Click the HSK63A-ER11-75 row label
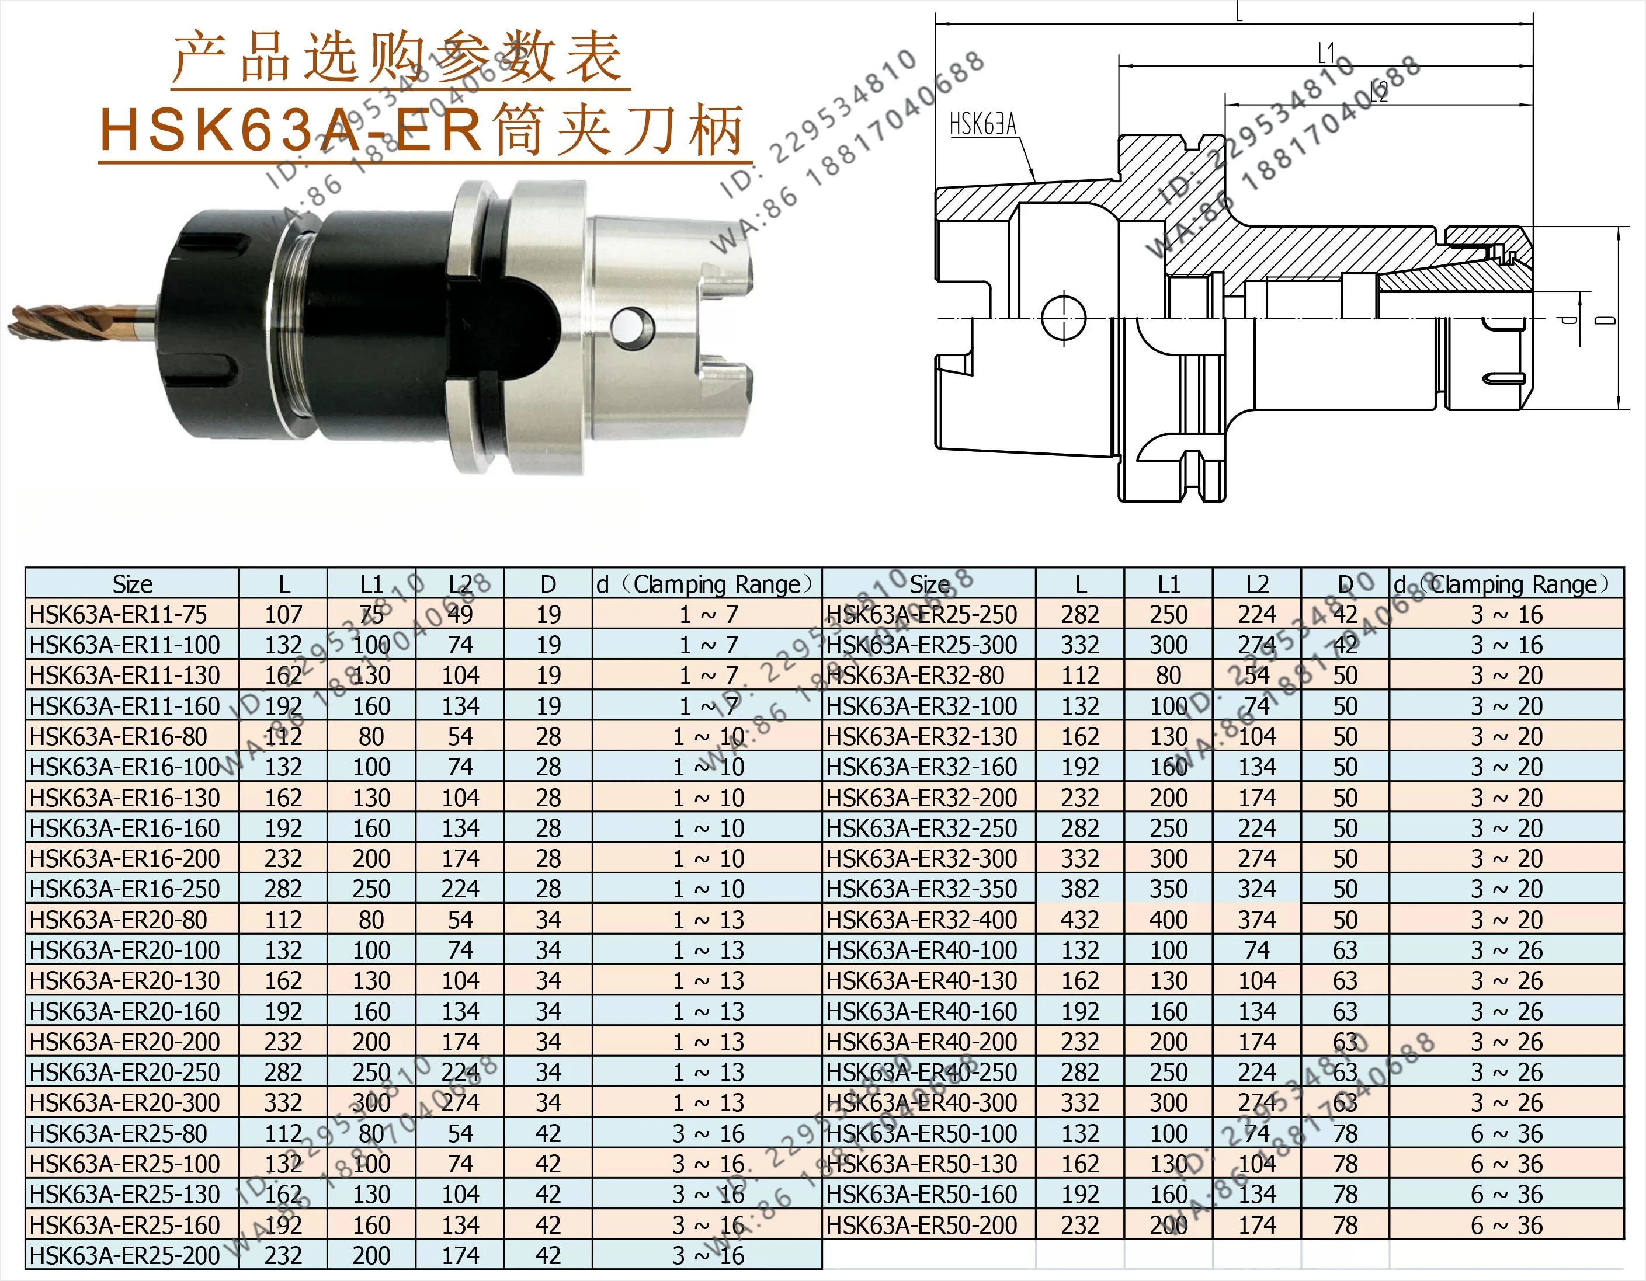coord(119,615)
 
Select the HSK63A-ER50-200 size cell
coord(921,1225)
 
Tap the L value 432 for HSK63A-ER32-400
coord(1080,920)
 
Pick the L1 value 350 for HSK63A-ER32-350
coord(1168,889)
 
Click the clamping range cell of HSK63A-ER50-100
coord(1506,1133)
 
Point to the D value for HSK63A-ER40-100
coord(1345,950)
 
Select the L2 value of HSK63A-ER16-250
coord(460,889)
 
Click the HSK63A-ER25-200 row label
coord(125,1255)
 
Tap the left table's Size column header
coord(133,584)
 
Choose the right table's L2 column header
coord(1257,584)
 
